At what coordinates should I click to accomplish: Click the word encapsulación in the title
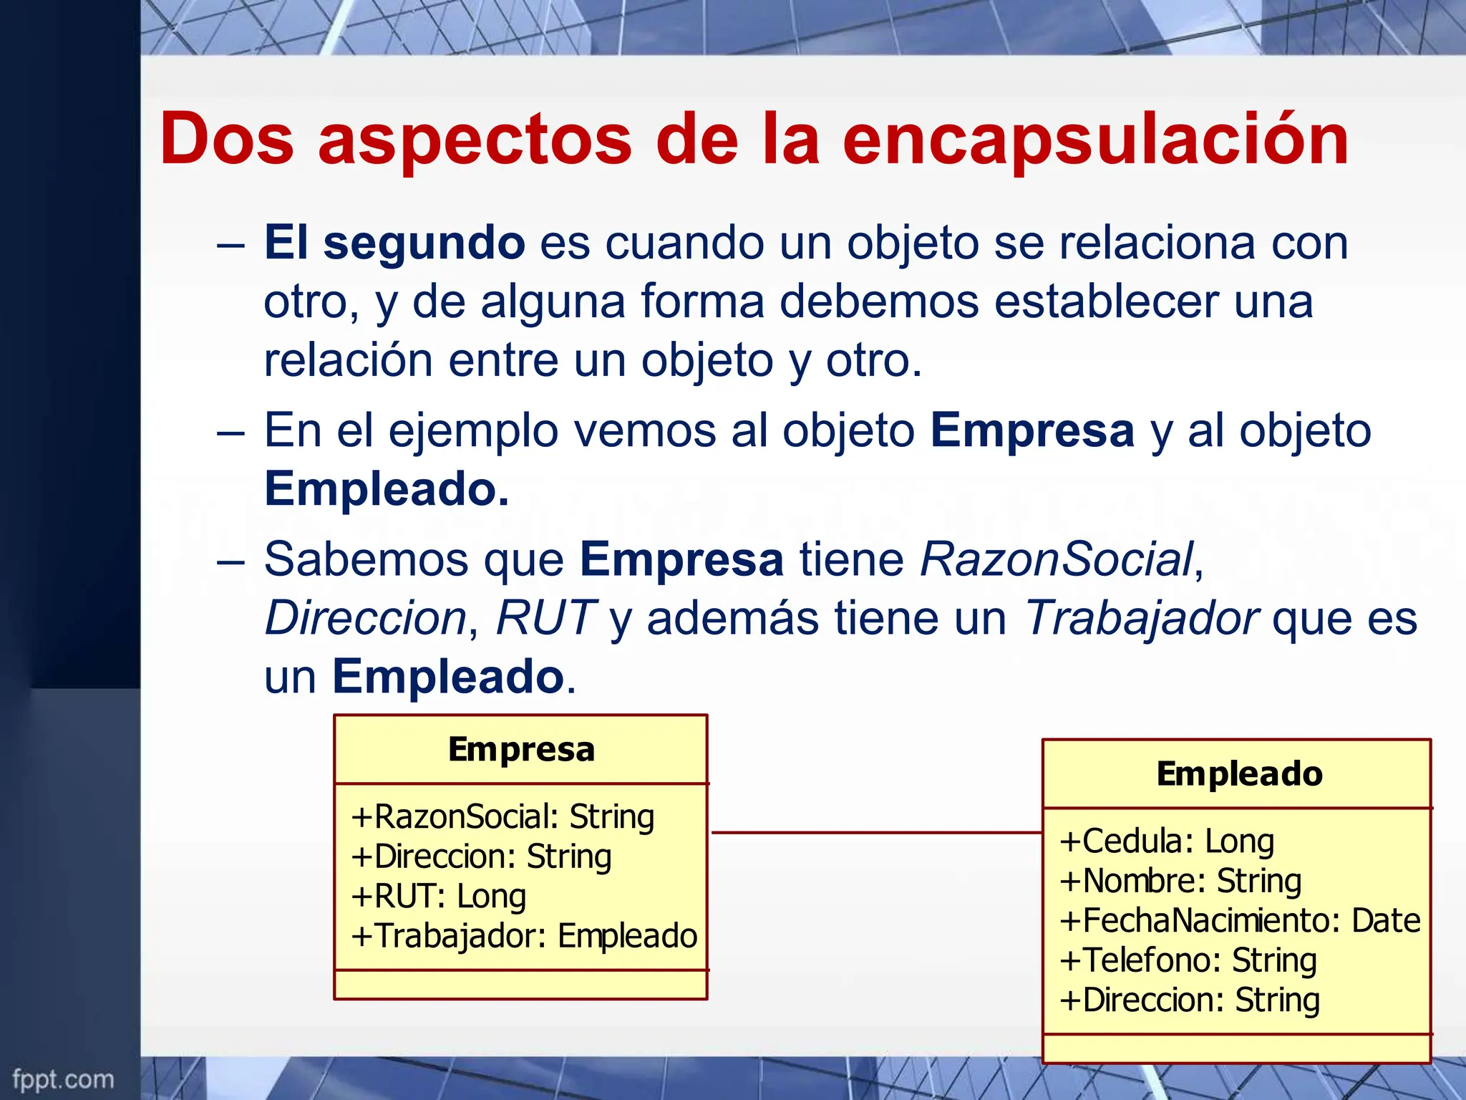[x=1095, y=140]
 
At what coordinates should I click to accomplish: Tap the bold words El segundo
[x=394, y=243]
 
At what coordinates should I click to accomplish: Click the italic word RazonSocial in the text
[x=1057, y=559]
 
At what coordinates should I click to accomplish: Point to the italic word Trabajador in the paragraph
[x=1141, y=618]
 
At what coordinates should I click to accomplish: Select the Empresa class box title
[x=521, y=750]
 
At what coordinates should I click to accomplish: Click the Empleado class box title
[x=1239, y=774]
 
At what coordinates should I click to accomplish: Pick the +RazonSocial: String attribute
[x=503, y=817]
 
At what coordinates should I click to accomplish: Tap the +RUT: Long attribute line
[x=439, y=897]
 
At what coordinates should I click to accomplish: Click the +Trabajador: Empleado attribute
[x=524, y=936]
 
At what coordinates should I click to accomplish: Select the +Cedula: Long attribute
[x=1167, y=841]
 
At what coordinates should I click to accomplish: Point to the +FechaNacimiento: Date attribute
[x=1240, y=921]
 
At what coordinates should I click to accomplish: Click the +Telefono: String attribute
[x=1188, y=960]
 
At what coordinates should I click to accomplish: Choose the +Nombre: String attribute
[x=1180, y=881]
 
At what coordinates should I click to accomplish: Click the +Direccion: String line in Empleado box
[x=1190, y=1000]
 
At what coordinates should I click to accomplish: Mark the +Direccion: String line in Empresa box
[x=481, y=857]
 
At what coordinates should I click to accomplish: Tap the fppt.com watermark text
[x=63, y=1079]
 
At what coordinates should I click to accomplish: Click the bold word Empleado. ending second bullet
[x=387, y=489]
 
